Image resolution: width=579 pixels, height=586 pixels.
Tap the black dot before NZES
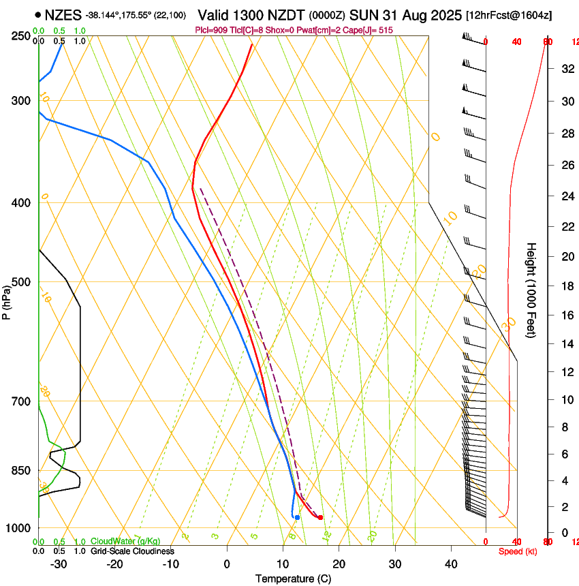tap(37, 14)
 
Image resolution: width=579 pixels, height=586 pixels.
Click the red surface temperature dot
tap(320, 518)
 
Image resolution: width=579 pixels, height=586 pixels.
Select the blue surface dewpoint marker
tap(297, 518)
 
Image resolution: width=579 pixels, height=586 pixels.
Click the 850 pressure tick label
tap(20, 471)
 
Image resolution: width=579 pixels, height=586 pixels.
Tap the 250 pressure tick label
tap(20, 36)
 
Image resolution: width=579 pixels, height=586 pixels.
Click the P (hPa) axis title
tap(7, 300)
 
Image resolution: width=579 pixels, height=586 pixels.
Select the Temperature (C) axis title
tap(293, 579)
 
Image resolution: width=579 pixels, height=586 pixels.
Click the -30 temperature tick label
tap(59, 564)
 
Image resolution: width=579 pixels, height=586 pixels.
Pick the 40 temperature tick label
tap(451, 564)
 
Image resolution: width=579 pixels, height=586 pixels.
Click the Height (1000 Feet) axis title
tap(531, 290)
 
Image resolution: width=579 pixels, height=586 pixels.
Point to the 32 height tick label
tap(566, 69)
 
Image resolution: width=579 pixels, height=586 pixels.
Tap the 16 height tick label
tap(566, 315)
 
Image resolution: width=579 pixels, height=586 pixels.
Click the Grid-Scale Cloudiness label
tap(132, 551)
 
